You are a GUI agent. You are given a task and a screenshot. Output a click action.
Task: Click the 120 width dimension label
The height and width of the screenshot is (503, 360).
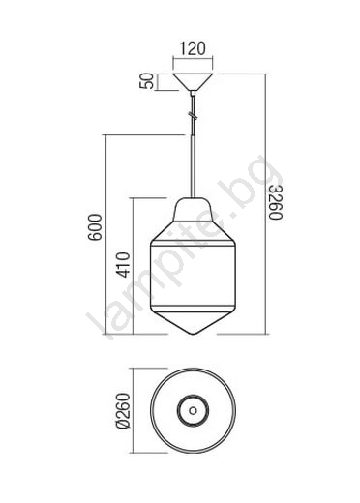click(x=193, y=49)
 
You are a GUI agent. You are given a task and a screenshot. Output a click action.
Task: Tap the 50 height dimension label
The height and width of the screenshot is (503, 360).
click(x=146, y=80)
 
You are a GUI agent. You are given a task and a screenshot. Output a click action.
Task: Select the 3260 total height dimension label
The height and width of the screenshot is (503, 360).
click(x=276, y=202)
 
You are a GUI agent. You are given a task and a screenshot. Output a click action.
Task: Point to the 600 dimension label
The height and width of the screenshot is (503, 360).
click(x=96, y=227)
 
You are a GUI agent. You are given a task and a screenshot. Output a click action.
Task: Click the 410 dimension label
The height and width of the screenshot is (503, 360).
click(x=123, y=265)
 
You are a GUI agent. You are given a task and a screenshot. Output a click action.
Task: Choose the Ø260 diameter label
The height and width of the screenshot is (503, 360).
click(x=123, y=410)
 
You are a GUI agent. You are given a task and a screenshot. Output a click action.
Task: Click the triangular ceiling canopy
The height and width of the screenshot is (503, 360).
click(x=193, y=81)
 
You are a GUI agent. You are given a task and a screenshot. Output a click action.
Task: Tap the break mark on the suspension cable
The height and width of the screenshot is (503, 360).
click(x=193, y=116)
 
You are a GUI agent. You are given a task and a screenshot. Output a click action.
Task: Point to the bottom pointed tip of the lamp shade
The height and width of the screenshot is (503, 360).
click(x=193, y=335)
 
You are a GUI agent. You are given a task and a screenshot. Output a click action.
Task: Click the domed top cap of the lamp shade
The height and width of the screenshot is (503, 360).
click(x=193, y=210)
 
